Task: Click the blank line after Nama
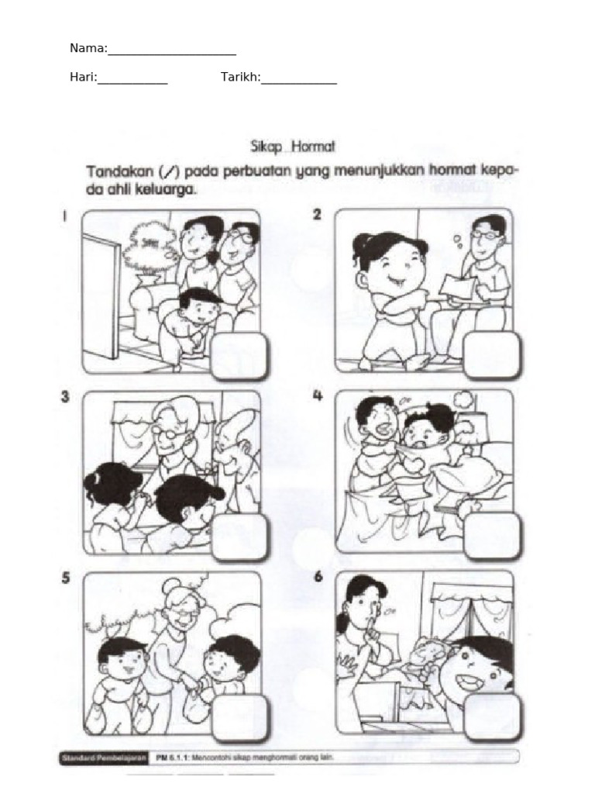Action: point(171,53)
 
